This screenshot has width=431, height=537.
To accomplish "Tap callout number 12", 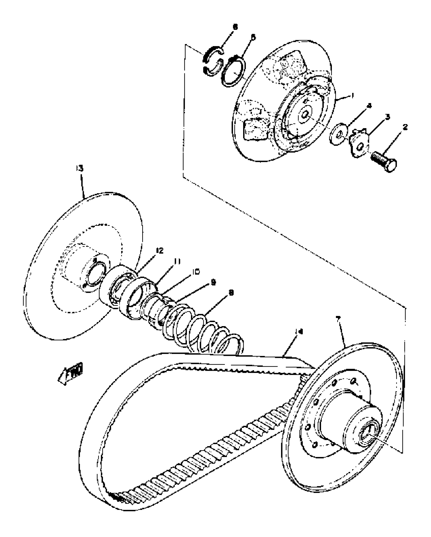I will click(160, 251).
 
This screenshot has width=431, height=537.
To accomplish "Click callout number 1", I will click(352, 95).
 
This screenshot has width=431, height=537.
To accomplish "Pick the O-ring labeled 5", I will click(232, 72).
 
